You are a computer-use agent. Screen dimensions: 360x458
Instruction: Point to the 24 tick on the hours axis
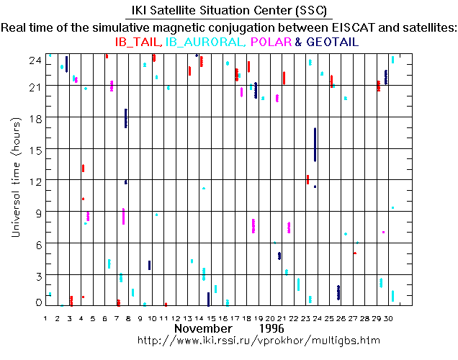(35, 60)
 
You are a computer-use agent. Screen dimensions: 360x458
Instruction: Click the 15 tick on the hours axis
(35, 149)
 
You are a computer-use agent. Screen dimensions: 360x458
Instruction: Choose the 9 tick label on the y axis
(37, 212)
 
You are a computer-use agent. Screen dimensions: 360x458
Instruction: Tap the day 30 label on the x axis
(389, 318)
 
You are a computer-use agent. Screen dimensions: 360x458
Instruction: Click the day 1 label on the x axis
(45, 318)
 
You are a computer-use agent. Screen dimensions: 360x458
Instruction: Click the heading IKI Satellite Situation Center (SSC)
(228, 12)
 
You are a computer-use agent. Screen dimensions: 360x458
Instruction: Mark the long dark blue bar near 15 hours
(315, 145)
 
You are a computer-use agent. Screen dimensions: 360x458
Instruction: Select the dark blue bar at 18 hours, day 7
(126, 118)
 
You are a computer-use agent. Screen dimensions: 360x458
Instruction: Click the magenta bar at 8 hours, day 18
(253, 226)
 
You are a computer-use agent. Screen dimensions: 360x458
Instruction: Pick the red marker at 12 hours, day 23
(307, 179)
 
